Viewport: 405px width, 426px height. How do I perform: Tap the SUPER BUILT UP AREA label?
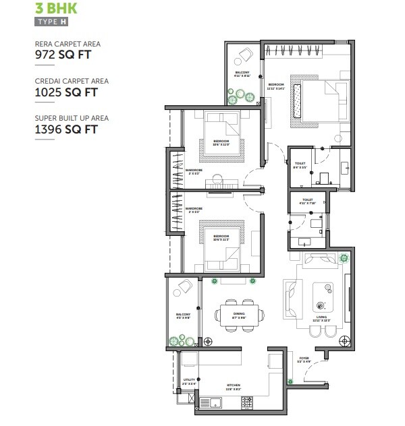[72, 118]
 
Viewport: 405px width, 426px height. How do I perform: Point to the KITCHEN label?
[234, 386]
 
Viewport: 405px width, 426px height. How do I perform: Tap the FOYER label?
[304, 358]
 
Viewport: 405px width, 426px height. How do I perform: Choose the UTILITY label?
[189, 380]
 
